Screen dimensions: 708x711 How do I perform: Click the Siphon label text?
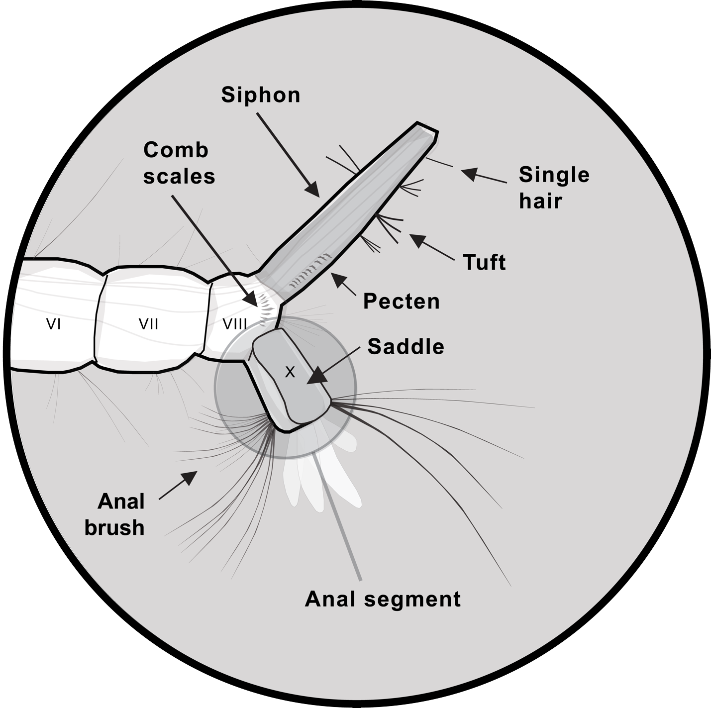coord(261,95)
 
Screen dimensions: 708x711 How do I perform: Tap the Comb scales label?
coord(179,163)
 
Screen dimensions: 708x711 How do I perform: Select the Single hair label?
coord(553,188)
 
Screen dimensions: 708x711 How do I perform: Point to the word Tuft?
coord(484,262)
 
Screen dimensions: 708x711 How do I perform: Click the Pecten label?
coord(401,301)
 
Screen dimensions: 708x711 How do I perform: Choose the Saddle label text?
coord(406,347)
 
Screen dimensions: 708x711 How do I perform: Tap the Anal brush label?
coord(115,514)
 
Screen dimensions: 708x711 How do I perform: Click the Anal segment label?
coord(383,599)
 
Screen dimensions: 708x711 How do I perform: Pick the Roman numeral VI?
coord(53,324)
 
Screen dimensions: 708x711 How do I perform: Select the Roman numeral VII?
coord(148,324)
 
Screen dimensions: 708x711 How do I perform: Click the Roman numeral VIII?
coord(235,324)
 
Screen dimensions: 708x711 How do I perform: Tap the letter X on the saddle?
coord(290,372)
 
